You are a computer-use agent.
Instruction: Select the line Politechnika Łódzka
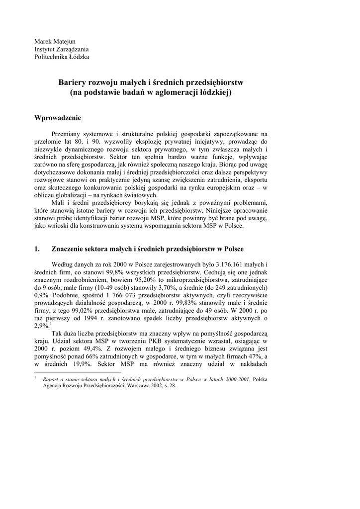[62, 57]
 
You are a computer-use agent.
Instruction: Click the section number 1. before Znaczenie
[37, 249]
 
